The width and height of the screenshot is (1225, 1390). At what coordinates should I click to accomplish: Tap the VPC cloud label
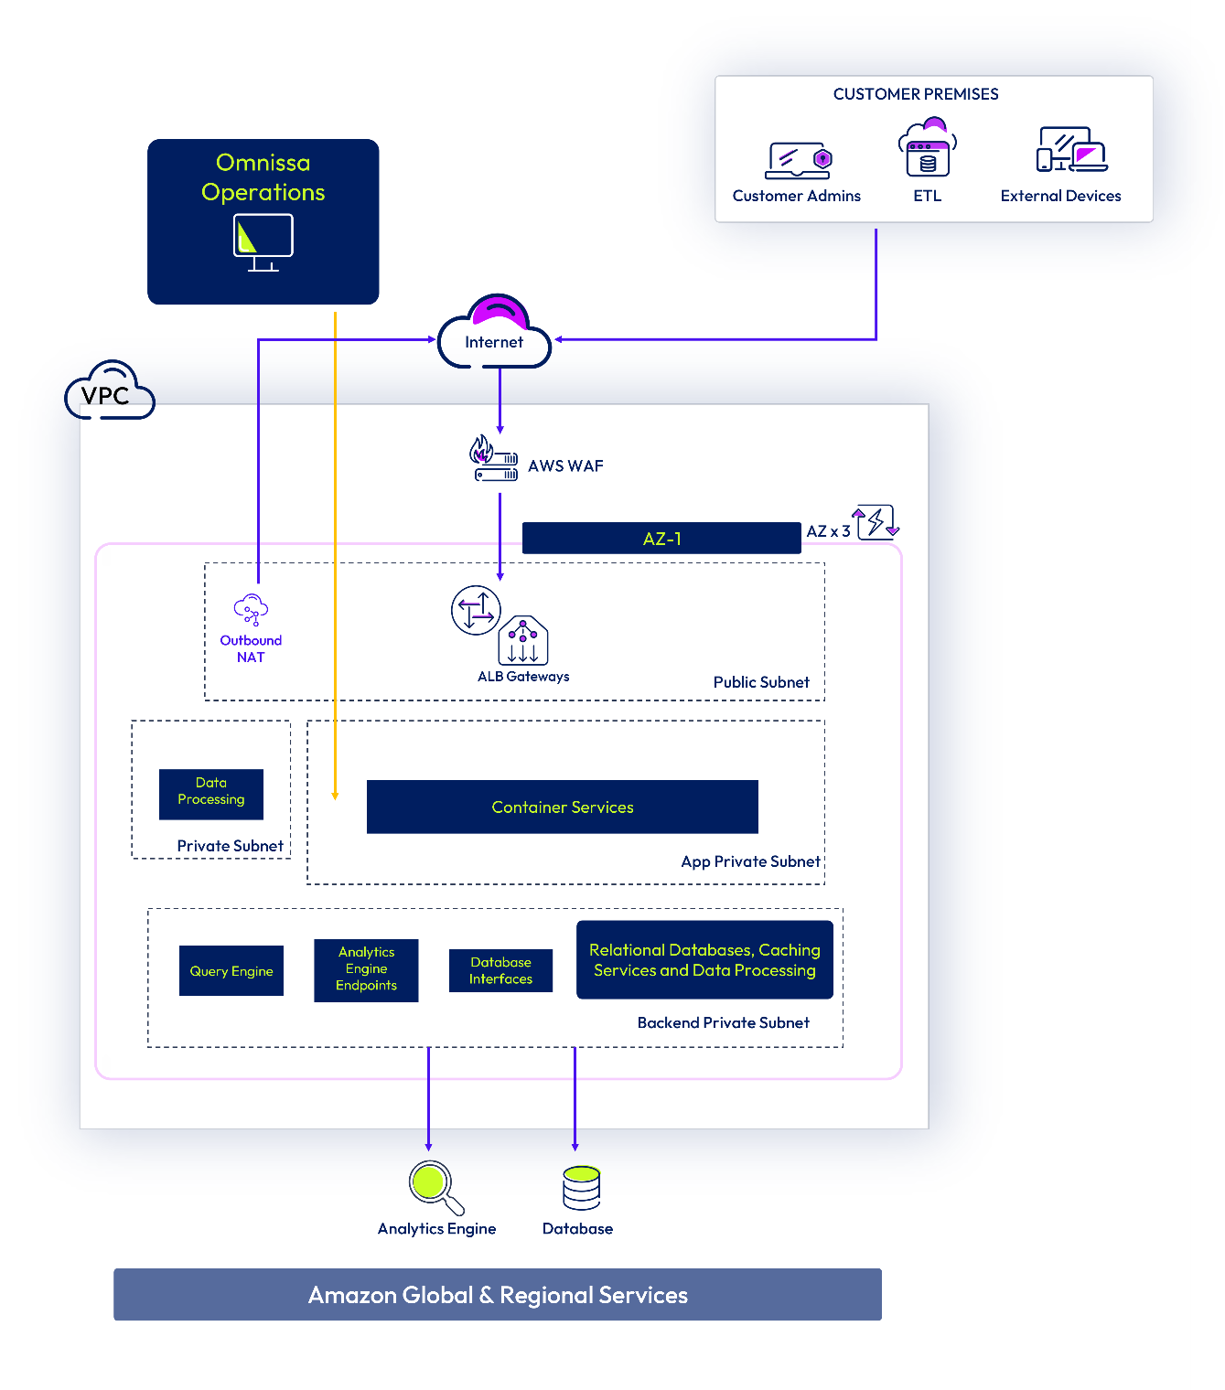[109, 393]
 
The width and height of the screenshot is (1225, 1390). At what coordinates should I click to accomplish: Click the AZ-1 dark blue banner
[661, 539]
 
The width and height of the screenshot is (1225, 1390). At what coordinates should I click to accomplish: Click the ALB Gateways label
[523, 677]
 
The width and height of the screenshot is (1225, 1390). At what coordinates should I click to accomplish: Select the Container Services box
[563, 807]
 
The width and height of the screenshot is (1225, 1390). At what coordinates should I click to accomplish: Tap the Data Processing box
[211, 792]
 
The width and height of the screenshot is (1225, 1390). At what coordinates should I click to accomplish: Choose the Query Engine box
[231, 971]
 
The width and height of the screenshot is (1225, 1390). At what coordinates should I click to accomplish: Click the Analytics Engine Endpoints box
[366, 969]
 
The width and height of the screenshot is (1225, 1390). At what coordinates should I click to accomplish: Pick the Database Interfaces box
[500, 970]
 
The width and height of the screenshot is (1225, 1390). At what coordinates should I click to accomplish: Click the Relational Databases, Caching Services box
[704, 960]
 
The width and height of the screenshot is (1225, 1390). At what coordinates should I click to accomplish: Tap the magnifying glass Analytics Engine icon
[435, 1186]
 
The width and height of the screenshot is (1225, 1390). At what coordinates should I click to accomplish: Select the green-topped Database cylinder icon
[581, 1187]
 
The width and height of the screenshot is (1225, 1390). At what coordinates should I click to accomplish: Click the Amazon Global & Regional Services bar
[498, 1295]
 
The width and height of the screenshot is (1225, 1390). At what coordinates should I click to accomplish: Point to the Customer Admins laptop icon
[798, 161]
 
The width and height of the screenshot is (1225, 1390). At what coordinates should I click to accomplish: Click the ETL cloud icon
[928, 148]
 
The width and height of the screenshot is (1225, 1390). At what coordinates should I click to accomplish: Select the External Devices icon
[1070, 150]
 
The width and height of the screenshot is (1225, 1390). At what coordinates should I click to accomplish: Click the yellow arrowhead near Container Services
[335, 796]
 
